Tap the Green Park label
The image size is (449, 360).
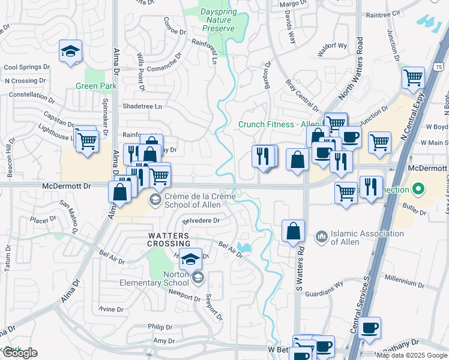96,86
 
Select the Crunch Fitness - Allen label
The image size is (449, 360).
279,124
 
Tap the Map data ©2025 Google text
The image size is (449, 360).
411,355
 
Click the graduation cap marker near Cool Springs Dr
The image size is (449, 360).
70,52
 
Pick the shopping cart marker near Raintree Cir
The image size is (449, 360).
413,77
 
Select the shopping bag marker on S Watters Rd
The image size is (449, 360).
293,232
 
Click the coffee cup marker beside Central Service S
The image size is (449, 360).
370,328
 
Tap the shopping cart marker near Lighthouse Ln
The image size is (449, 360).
88,142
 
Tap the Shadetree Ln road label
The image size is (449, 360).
142,106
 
